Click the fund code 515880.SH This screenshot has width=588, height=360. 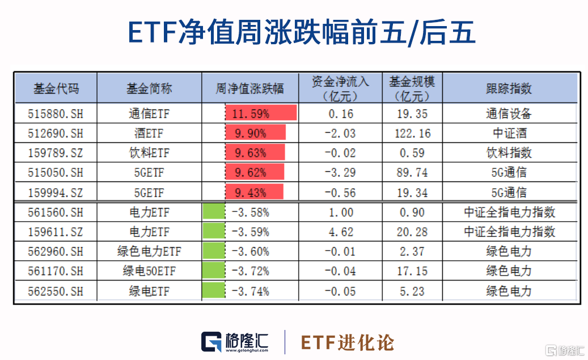point(56,114)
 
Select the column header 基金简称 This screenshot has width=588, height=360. point(149,88)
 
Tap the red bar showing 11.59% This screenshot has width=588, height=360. point(261,113)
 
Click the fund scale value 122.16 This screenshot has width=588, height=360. point(413,134)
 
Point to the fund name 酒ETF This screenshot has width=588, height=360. point(149,134)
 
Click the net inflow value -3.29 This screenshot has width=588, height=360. point(341,173)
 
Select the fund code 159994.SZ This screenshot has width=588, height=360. point(56,193)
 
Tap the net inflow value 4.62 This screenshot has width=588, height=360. point(341,232)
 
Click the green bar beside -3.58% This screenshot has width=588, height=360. point(214,213)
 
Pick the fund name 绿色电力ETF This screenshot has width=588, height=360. point(149,252)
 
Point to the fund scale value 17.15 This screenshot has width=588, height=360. point(413,272)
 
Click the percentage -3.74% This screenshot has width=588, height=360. point(250,291)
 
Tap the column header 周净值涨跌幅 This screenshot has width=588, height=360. point(249,88)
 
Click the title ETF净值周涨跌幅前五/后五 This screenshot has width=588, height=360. point(294,32)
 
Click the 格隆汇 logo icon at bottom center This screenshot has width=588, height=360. point(213,342)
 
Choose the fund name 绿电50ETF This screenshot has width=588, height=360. point(149,272)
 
